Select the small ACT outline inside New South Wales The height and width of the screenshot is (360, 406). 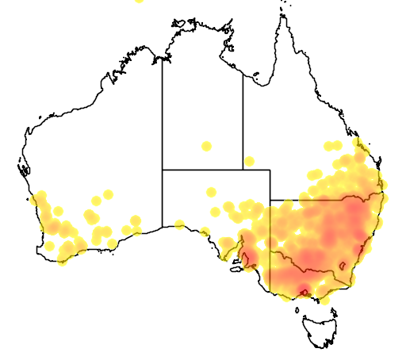pyautogui.click(x=343, y=265)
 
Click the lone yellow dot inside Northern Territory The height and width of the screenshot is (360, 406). pyautogui.click(x=206, y=146)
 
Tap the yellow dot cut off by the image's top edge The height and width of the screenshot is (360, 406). pyautogui.click(x=139, y=2)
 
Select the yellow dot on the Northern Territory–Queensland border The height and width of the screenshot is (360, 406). pyautogui.click(x=249, y=162)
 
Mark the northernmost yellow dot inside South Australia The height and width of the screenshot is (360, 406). pyautogui.click(x=212, y=191)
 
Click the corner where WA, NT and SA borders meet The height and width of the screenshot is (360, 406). pyautogui.click(x=163, y=170)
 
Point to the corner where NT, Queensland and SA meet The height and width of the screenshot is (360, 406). pyautogui.click(x=243, y=170)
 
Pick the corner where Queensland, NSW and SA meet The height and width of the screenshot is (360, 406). pyautogui.click(x=270, y=199)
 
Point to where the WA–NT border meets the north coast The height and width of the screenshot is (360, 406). pyautogui.click(x=163, y=60)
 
